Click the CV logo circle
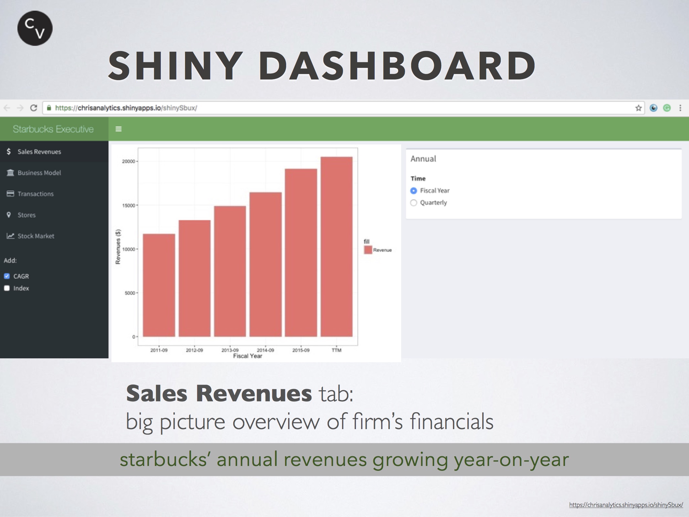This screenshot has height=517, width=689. tap(35, 28)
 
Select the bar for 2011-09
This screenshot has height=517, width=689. tap(159, 285)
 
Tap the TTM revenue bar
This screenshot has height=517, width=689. tap(337, 247)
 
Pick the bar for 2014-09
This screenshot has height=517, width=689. tap(266, 265)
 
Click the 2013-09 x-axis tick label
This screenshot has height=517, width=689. tap(230, 350)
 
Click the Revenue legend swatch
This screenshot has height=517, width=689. tap(368, 250)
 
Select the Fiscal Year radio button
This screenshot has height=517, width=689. tap(413, 191)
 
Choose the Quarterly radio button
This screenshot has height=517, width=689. tap(413, 203)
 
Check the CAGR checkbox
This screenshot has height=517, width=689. tap(7, 276)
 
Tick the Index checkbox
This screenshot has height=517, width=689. tap(7, 288)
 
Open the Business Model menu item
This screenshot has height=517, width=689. tap(39, 173)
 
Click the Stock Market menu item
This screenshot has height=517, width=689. tap(36, 236)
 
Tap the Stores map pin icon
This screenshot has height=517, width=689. tap(9, 215)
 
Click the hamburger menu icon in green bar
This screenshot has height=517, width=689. tap(119, 129)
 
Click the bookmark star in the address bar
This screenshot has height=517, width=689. tap(638, 108)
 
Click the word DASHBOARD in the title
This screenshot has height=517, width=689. tap(397, 66)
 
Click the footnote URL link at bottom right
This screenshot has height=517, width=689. tap(626, 505)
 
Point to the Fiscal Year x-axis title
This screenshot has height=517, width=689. tap(248, 356)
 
